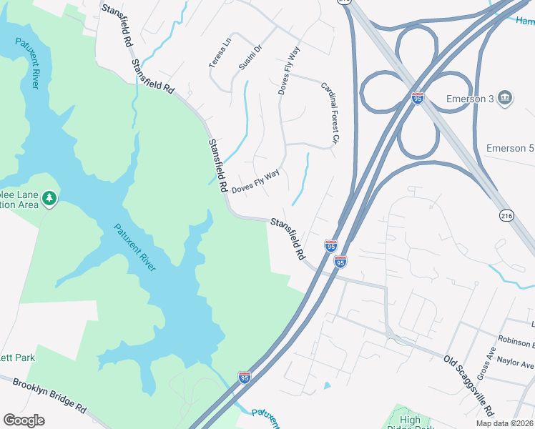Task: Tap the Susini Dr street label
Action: pos(251,56)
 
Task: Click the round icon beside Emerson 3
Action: pos(504,97)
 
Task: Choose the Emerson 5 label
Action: pos(509,148)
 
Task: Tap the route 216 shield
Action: pos(505,214)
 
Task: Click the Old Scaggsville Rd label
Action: pos(468,385)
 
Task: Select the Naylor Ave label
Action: pos(516,364)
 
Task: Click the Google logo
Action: pos(24,420)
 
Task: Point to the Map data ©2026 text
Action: pos(504,423)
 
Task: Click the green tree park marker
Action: pos(49,197)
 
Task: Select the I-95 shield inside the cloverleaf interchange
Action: pos(417,97)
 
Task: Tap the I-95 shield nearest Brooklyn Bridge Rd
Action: pos(245,376)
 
